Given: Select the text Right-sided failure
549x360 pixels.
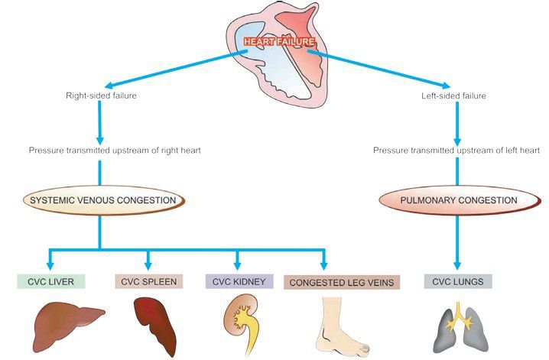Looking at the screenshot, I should pyautogui.click(x=101, y=96).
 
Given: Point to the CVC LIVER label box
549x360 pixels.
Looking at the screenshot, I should pyautogui.click(x=51, y=282).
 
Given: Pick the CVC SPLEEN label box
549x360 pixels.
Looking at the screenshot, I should pyautogui.click(x=148, y=282).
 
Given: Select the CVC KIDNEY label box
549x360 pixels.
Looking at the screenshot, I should pyautogui.click(x=239, y=282).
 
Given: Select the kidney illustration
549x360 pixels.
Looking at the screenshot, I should pyautogui.click(x=240, y=321).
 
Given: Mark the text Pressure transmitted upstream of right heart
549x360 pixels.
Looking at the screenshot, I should pyautogui.click(x=115, y=151).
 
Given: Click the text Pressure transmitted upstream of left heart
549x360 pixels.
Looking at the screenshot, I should pyautogui.click(x=457, y=151).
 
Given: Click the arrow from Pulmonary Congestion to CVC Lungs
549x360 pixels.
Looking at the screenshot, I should pyautogui.click(x=457, y=241).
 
